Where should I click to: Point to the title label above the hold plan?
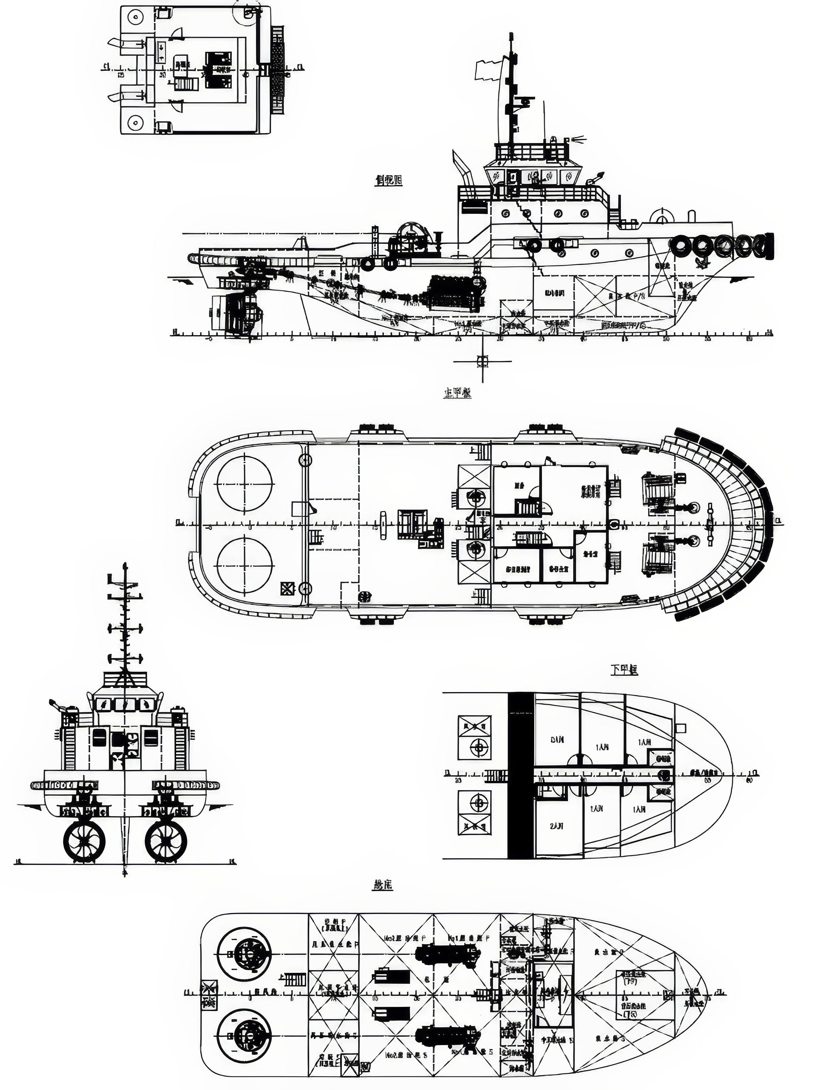[382, 885]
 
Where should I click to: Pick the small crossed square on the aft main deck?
[286, 589]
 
